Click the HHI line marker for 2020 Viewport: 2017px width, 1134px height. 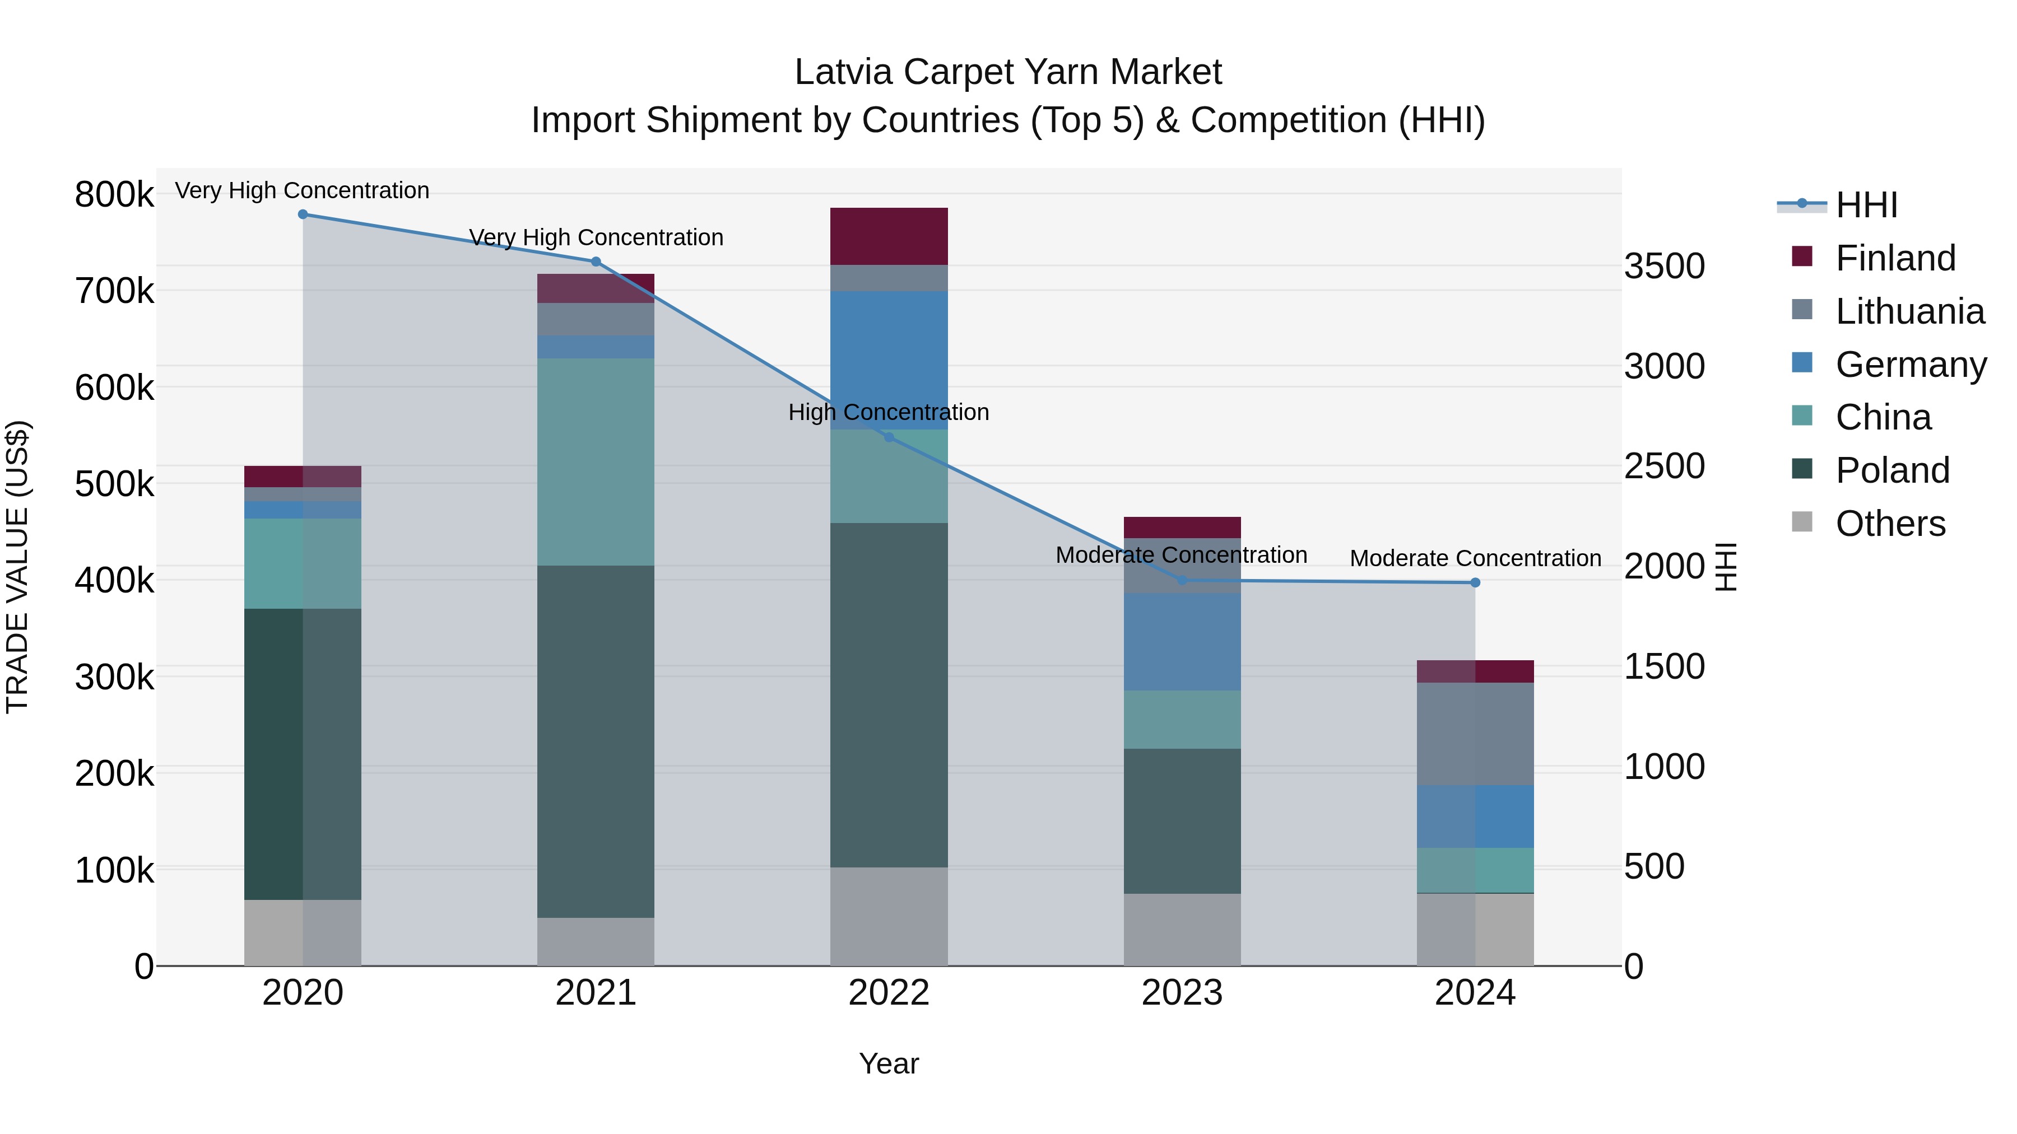point(303,214)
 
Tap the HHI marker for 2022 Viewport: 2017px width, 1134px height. point(889,437)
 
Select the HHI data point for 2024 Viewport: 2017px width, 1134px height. point(1475,582)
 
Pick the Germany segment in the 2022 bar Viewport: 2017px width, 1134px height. point(889,360)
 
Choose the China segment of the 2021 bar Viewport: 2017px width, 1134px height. point(595,462)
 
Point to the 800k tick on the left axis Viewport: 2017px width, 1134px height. point(114,194)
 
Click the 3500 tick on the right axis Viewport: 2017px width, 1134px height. point(1664,266)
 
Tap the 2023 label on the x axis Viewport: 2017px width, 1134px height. point(1182,993)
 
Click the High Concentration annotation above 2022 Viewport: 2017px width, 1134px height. point(889,412)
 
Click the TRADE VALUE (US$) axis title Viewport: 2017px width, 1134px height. point(17,567)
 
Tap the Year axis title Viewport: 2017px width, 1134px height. point(889,1063)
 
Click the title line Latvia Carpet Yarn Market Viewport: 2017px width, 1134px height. point(1008,72)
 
